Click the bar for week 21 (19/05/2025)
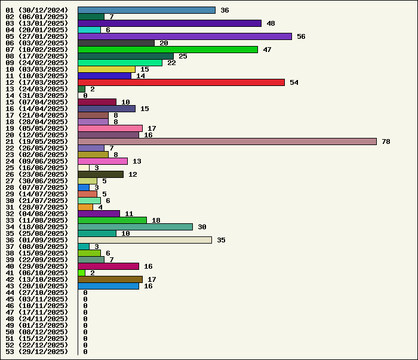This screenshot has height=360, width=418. point(227,141)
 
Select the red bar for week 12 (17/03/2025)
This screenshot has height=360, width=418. point(181,82)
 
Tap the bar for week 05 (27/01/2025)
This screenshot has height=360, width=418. point(185,36)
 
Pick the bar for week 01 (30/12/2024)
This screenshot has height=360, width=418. point(146,10)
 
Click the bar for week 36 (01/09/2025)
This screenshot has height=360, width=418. point(145,240)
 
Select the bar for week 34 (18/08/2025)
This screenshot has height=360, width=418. point(135,227)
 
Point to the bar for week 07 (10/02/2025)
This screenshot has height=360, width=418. point(168,50)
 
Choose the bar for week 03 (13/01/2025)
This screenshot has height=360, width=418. point(170,23)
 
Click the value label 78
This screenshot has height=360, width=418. point(386,141)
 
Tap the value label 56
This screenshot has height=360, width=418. point(301,36)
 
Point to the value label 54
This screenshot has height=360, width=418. point(294,82)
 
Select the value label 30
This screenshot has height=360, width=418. point(202,227)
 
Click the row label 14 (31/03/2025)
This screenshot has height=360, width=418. point(36,96)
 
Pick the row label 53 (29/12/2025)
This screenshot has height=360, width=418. point(36,352)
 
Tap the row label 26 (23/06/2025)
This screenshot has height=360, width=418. point(36,174)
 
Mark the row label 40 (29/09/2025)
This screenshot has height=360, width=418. point(36,266)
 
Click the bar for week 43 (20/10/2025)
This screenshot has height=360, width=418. point(108,286)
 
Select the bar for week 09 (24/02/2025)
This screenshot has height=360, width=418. point(120,63)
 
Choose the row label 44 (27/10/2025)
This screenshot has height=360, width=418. point(36,293)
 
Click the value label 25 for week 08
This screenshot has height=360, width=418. point(183,56)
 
